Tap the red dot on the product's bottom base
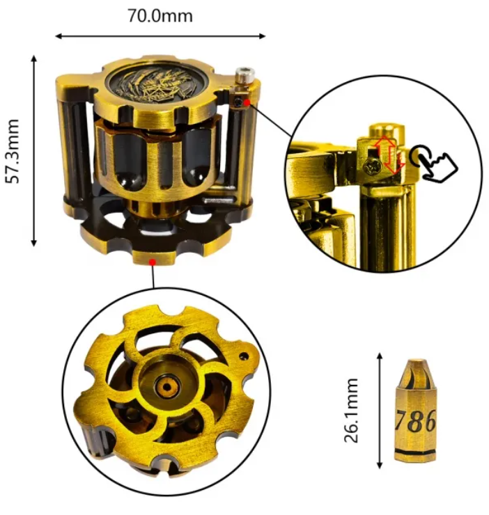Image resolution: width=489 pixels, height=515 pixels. tap(152, 262)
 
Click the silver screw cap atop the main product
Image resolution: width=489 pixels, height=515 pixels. tap(244, 73)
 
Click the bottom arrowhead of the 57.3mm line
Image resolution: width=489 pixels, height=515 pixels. tap(33, 243)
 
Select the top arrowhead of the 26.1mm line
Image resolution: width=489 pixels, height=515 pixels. tap(379, 355)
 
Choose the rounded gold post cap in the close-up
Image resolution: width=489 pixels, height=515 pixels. tap(383, 131)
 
